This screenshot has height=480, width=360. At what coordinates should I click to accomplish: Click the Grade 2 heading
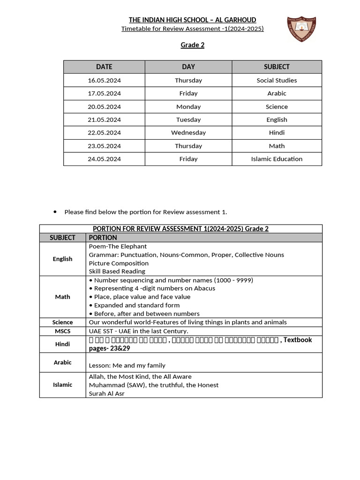point(193,45)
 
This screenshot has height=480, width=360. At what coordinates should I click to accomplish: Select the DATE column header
point(104,67)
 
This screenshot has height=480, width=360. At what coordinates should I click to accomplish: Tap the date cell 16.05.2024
point(104,80)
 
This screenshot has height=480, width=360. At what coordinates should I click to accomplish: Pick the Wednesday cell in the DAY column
point(188,133)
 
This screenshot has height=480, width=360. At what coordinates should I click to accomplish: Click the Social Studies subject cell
point(277,80)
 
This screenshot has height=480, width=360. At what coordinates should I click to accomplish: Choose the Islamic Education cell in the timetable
point(277,159)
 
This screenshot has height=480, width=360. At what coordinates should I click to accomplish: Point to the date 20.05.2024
point(104,106)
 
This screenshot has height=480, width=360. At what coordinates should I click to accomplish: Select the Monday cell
point(188,106)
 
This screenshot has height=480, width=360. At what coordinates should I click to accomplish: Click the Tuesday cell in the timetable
point(188,120)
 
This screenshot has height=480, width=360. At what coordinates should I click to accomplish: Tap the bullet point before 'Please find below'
point(55,212)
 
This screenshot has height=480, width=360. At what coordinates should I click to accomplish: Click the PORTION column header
point(103,238)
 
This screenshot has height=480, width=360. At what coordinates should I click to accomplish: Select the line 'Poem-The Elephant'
point(118,246)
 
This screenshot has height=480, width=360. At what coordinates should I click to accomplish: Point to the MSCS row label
point(63,331)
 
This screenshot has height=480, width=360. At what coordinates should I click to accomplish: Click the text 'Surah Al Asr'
point(107,393)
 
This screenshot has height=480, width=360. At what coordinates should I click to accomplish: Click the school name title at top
point(193,20)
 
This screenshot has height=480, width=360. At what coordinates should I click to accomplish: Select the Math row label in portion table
point(63,297)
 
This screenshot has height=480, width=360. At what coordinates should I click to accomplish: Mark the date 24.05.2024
point(104,159)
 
